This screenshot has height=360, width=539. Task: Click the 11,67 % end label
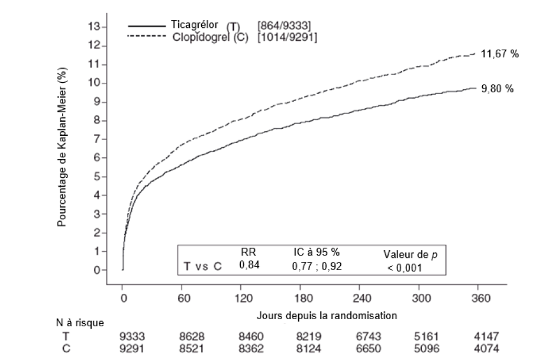(x=499, y=54)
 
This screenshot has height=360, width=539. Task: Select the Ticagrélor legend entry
(x=195, y=25)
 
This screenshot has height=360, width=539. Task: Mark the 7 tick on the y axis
(x=95, y=140)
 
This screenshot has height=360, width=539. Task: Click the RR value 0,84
(x=249, y=266)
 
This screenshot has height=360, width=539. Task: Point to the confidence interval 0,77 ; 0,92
(x=317, y=267)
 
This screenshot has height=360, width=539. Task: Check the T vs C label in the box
(x=202, y=267)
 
